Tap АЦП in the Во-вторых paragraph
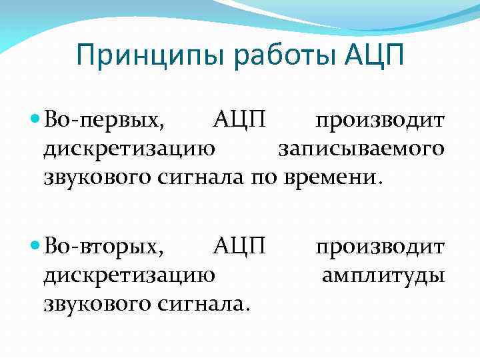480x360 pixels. tap(240, 247)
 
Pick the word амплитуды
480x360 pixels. tap(383, 275)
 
